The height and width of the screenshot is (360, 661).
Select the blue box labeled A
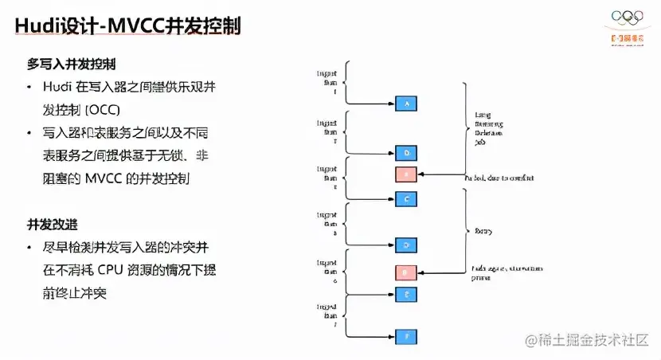406,104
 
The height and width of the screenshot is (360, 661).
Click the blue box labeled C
406,198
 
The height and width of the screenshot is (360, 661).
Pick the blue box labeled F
406,337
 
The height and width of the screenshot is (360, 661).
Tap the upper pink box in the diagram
406,174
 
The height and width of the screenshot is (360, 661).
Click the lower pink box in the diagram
406,272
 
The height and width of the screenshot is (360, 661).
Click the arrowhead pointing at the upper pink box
421,174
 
